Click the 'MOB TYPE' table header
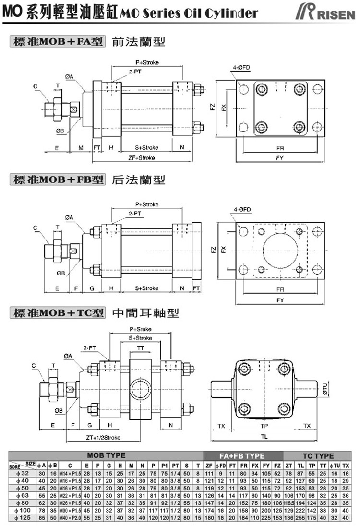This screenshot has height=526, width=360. point(106,455)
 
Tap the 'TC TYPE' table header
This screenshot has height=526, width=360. point(318,455)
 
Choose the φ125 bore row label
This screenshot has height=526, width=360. point(23,518)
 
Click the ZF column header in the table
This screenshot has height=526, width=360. point(208,465)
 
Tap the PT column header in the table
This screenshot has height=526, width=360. point(175,465)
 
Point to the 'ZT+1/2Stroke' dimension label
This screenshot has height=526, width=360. point(103,438)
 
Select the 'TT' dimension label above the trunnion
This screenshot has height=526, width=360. point(140,347)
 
